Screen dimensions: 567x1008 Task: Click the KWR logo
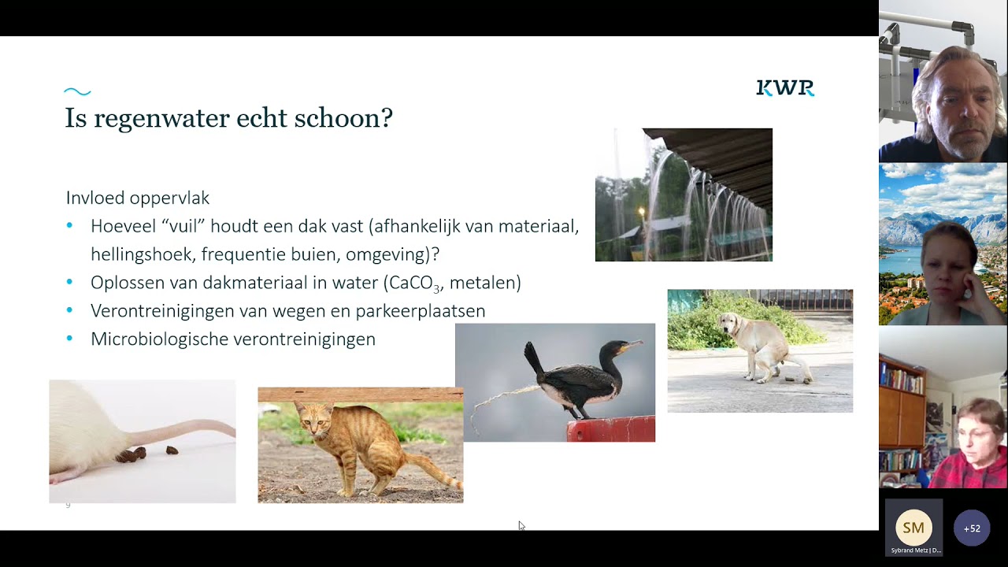785,88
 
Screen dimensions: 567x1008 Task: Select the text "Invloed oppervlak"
138,198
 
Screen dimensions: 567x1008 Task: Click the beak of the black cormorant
632,345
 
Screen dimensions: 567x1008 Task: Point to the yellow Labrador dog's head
730,322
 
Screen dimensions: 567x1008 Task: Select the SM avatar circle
913,528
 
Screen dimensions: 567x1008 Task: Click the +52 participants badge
972,528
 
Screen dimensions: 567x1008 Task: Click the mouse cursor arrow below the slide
521,525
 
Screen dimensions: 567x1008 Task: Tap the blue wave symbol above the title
77,92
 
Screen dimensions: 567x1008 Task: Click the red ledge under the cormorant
610,429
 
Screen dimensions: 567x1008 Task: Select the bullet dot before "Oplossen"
70,283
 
